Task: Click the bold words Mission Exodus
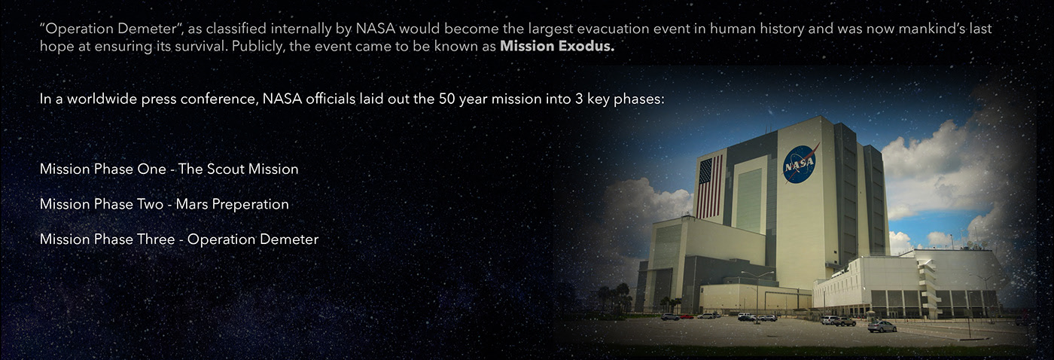(557, 47)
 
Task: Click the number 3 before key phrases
(578, 99)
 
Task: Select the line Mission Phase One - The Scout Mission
(169, 169)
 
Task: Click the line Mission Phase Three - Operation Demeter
(178, 239)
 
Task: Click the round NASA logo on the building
(800, 163)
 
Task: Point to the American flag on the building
(708, 187)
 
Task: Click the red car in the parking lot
(687, 316)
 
